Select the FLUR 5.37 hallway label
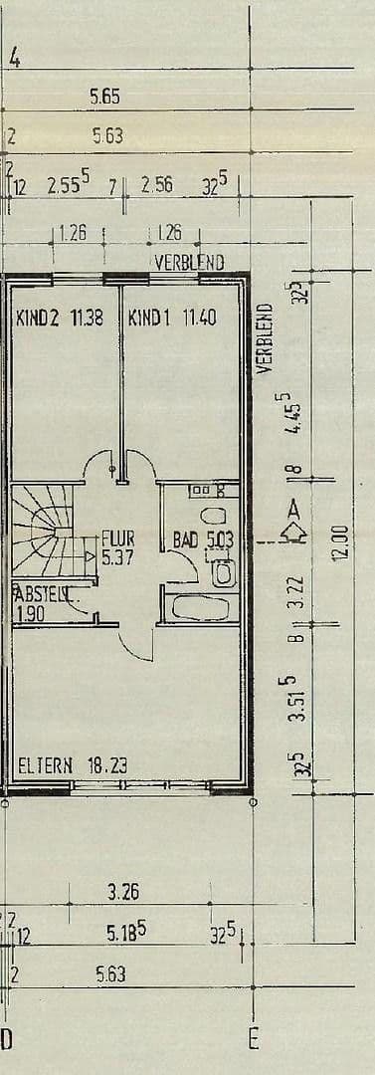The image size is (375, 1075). coord(117,548)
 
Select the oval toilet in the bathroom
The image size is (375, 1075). coord(212,519)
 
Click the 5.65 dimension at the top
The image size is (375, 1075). coord(104,98)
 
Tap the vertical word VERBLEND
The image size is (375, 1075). coord(264,339)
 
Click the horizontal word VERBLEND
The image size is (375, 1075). coord(189,263)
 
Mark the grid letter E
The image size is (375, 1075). coord(254,1040)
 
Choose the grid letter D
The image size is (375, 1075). coord(6,1040)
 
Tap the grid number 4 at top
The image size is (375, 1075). coord(14,59)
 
